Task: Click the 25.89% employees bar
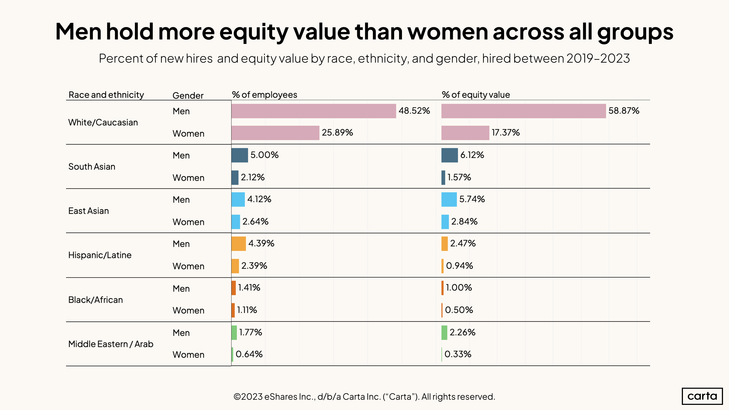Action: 275,133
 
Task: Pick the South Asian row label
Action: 92,167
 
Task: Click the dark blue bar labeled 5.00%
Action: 239,155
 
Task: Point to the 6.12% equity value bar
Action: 449,155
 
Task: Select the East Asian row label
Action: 89,211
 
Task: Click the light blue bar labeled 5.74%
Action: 449,199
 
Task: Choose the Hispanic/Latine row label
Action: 100,255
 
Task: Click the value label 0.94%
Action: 459,266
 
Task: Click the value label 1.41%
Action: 249,288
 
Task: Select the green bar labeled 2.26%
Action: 444,332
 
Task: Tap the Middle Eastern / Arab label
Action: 111,344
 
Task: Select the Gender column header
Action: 188,96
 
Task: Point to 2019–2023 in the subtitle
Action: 598,59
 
